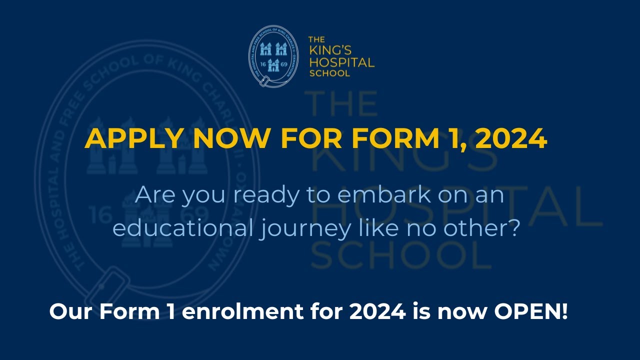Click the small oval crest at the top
pos(273,56)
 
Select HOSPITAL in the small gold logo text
pos(341,63)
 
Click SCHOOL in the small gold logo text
pos(329,73)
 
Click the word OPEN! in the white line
pos(531,312)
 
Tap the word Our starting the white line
pos(70,312)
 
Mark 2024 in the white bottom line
pos(377,312)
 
